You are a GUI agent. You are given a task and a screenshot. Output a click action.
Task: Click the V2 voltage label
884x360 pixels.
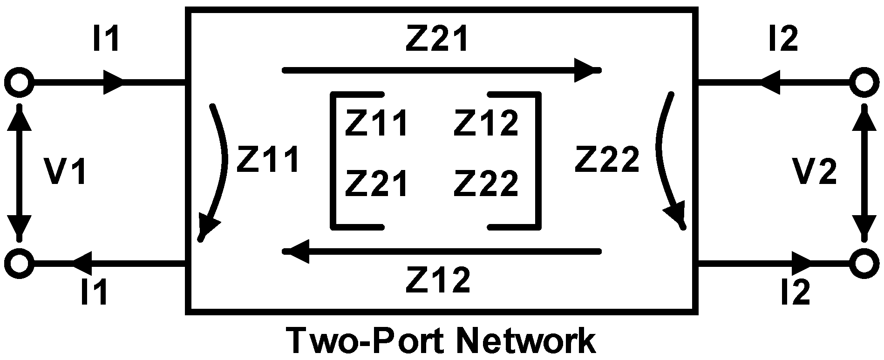[815, 171]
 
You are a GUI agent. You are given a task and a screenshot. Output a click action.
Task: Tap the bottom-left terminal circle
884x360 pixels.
[19, 263]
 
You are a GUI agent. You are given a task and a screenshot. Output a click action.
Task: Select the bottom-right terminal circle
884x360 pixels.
[865, 263]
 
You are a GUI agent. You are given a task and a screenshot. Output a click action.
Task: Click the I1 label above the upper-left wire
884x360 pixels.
[107, 39]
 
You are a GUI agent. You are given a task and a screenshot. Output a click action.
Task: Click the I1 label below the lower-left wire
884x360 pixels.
[95, 292]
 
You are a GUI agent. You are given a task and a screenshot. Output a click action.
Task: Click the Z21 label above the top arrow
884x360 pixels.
[436, 39]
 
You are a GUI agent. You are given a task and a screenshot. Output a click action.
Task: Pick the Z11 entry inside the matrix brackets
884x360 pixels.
[376, 122]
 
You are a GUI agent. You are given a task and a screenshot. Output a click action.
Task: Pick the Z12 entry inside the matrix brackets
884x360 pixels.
[485, 122]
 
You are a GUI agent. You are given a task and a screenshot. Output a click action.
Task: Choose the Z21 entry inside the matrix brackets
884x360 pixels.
[376, 183]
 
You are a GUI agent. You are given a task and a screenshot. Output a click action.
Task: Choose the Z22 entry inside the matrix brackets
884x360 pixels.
[485, 183]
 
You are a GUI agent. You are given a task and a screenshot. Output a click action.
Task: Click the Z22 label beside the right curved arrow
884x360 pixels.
[606, 159]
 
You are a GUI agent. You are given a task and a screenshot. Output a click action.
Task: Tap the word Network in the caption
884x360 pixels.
[527, 341]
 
